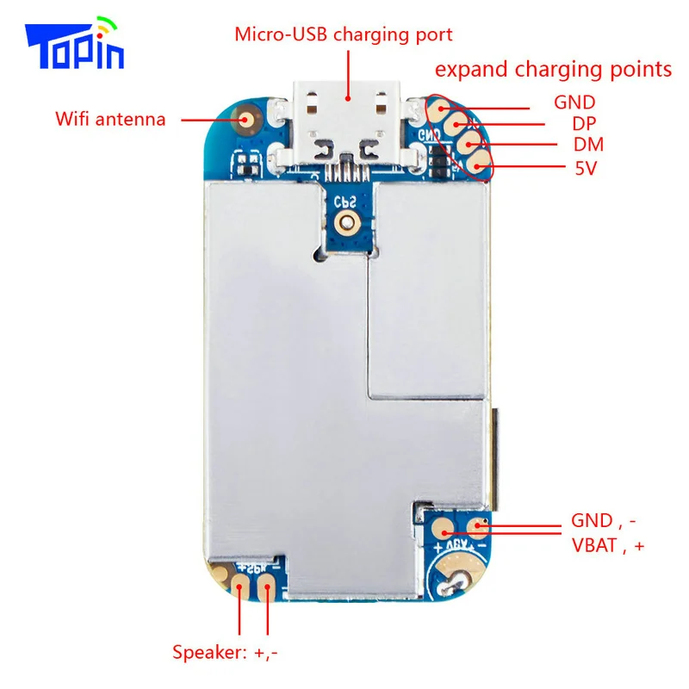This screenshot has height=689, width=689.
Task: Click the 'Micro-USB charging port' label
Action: pyautogui.click(x=344, y=35)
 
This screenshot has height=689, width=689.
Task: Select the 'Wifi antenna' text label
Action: pyautogui.click(x=110, y=119)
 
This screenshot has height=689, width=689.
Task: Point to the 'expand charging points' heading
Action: pyautogui.click(x=553, y=70)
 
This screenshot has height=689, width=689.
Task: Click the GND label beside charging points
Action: pyautogui.click(x=574, y=103)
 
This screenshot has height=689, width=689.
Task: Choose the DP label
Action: pyautogui.click(x=585, y=124)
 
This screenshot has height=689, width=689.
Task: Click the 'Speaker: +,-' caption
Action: pyautogui.click(x=225, y=652)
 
